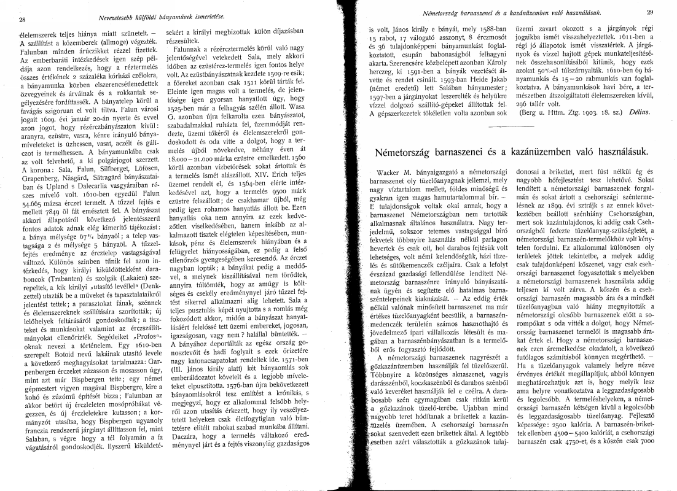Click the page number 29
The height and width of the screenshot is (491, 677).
pyautogui.click(x=650, y=12)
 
